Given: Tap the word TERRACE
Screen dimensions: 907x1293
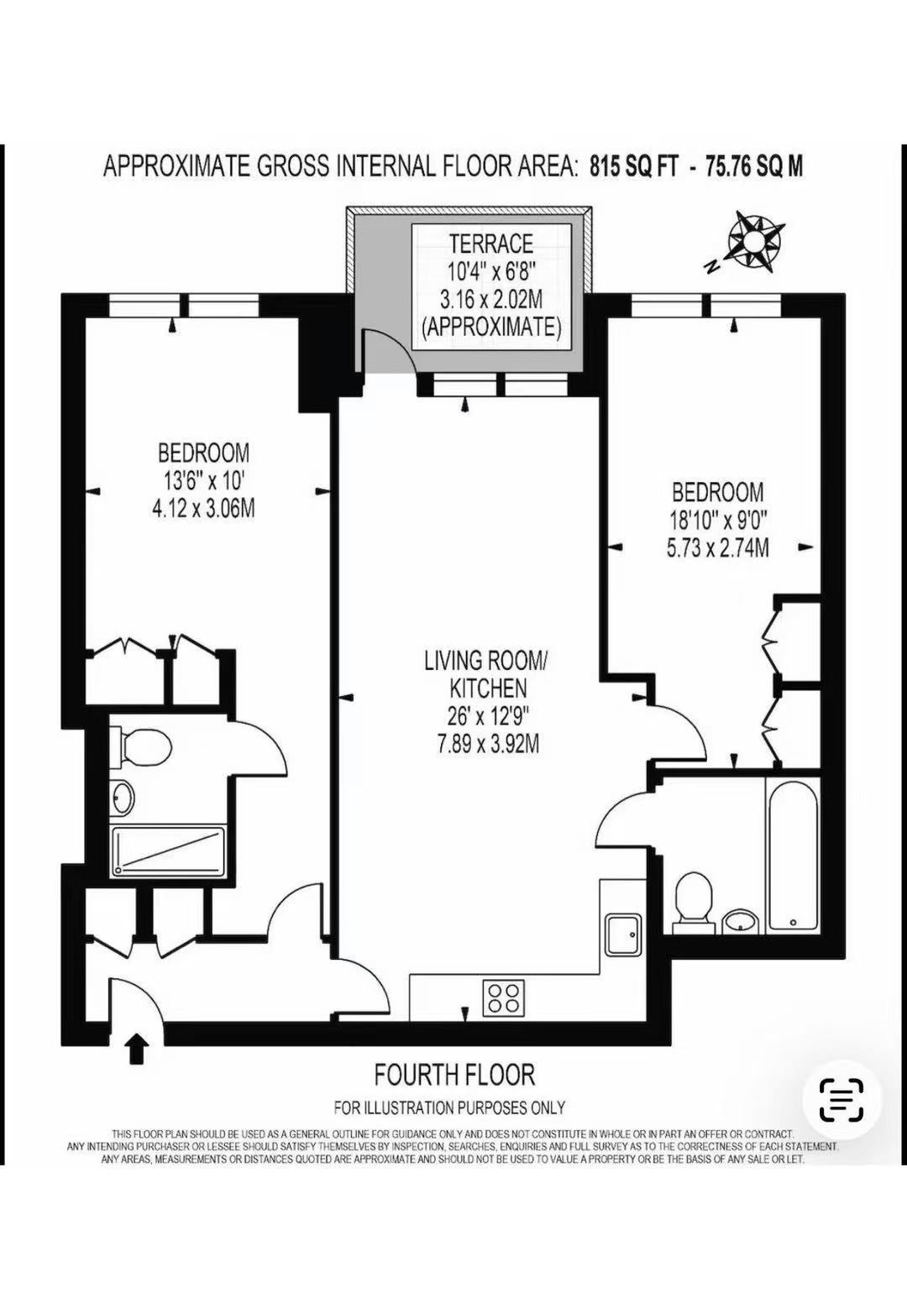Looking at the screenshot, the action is tap(491, 243).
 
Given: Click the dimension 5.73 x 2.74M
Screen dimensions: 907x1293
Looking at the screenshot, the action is tap(718, 547).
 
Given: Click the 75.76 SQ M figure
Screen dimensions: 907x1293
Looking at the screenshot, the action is tap(752, 167).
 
